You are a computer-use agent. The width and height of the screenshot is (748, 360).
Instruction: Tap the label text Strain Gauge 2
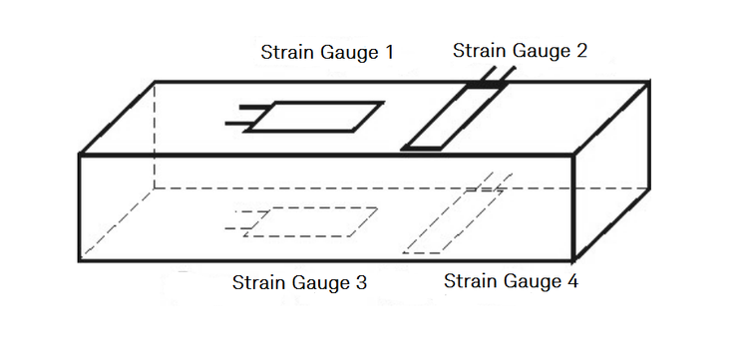click(520, 50)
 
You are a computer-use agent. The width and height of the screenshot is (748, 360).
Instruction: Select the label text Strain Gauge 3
click(299, 283)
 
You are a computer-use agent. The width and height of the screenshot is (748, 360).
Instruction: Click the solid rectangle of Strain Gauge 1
click(313, 117)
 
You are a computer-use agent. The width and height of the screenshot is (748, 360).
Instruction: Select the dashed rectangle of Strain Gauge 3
click(310, 221)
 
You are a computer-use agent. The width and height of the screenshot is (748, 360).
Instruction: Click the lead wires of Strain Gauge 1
click(242, 115)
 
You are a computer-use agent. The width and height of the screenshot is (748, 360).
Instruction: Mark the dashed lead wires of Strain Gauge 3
click(239, 220)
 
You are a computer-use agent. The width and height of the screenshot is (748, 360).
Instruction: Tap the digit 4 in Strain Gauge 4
click(571, 281)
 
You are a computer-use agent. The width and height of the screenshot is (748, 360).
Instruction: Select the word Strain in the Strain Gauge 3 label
click(258, 283)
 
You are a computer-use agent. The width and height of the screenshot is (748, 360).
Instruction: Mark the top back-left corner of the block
click(155, 82)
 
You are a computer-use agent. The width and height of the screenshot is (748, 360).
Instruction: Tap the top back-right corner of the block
click(650, 82)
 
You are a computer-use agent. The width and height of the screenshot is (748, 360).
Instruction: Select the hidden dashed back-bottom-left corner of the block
click(155, 187)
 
